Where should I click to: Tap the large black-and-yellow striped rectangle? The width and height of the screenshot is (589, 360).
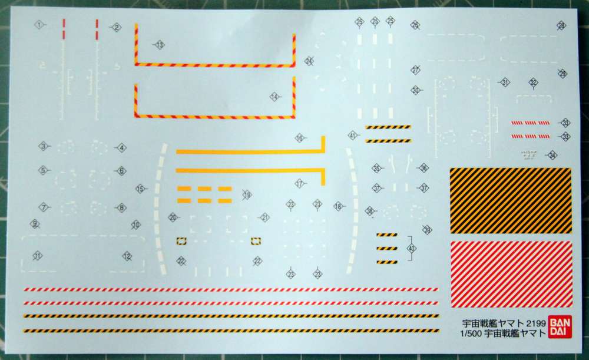coord(511,200)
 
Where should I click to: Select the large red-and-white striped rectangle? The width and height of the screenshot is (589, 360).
coord(511,274)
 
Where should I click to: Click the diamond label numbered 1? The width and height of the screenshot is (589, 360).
coord(39,25)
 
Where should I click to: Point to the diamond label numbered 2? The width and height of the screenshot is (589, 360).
coord(116,27)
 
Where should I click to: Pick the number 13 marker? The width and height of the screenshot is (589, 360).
coord(159,45)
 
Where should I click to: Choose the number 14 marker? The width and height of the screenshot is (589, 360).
coord(274,97)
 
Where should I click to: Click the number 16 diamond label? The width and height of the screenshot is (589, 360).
coord(300,138)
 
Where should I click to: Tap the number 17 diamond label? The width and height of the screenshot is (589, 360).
coord(300,184)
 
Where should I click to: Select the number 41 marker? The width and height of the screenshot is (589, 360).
coord(353,136)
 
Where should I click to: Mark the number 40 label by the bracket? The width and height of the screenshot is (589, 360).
coord(412,249)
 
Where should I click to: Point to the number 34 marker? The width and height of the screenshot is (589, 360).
coord(552,155)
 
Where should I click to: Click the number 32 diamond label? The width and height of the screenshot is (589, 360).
coord(533,82)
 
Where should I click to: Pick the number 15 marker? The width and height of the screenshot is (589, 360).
coord(140,189)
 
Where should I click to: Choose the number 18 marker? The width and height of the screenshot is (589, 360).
coord(338,207)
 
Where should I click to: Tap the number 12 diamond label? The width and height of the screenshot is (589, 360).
coord(127,256)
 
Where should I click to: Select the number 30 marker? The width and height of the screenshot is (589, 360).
coord(416,90)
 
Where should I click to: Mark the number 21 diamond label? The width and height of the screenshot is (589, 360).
coord(264,217)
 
